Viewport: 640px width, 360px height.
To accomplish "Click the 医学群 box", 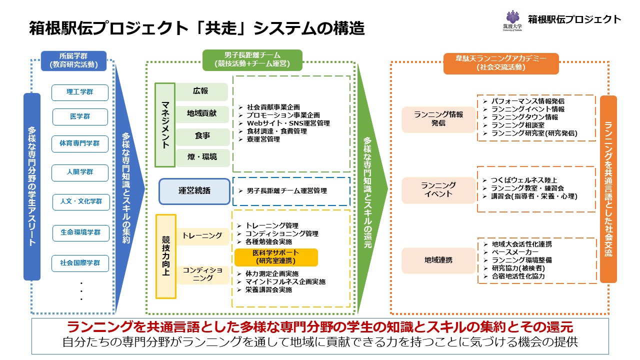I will tap(80, 116).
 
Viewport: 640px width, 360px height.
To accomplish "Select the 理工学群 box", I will tap(80, 92).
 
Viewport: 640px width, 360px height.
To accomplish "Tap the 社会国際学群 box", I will tap(80, 263).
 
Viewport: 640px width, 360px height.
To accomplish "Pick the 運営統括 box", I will tap(194, 191).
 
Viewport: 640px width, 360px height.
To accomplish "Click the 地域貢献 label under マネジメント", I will tap(202, 113).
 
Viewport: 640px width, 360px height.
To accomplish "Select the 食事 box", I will tap(202, 135).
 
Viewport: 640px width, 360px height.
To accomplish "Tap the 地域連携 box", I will tap(438, 260).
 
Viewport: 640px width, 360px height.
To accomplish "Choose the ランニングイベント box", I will tap(438, 189).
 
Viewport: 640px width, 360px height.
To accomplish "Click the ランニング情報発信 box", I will tap(438, 118).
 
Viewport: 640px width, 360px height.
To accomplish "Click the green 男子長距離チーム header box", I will tap(252, 60).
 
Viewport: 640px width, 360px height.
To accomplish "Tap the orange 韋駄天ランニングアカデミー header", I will tap(501, 63).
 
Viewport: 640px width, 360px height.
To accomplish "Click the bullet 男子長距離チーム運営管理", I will tap(287, 191).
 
